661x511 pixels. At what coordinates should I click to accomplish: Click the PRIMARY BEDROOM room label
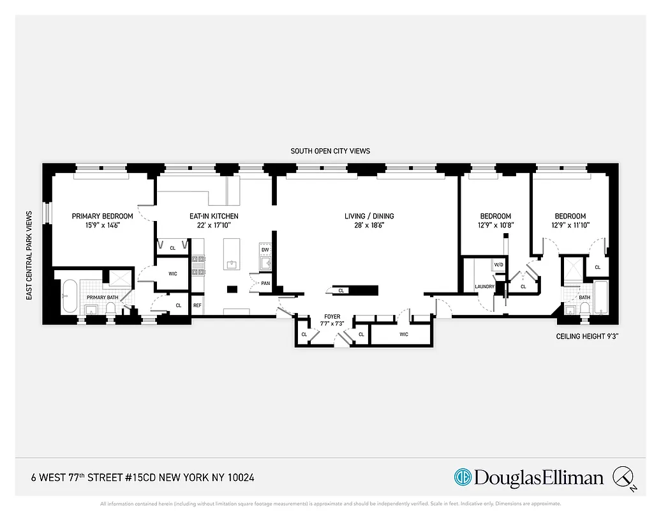102,216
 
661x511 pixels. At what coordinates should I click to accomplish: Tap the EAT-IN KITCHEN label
214,216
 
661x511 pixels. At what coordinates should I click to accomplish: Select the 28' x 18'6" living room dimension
369,225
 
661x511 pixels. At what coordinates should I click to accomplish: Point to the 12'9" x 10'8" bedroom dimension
496,225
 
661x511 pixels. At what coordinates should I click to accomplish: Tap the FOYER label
332,316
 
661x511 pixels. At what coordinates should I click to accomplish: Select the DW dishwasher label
265,250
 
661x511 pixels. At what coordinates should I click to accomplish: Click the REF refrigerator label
197,305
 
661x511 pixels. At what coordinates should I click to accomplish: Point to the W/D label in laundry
498,264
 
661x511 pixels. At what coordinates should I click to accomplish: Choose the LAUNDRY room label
485,287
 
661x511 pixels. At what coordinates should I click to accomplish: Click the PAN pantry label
264,284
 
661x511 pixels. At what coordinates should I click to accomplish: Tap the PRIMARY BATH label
102,298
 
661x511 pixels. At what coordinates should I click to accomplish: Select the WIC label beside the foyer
403,334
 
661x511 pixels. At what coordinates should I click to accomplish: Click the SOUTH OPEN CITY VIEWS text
330,151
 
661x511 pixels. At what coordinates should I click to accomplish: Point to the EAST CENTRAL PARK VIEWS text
29,256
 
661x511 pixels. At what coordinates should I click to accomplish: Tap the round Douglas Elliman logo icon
463,477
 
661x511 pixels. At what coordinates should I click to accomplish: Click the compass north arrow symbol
623,477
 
